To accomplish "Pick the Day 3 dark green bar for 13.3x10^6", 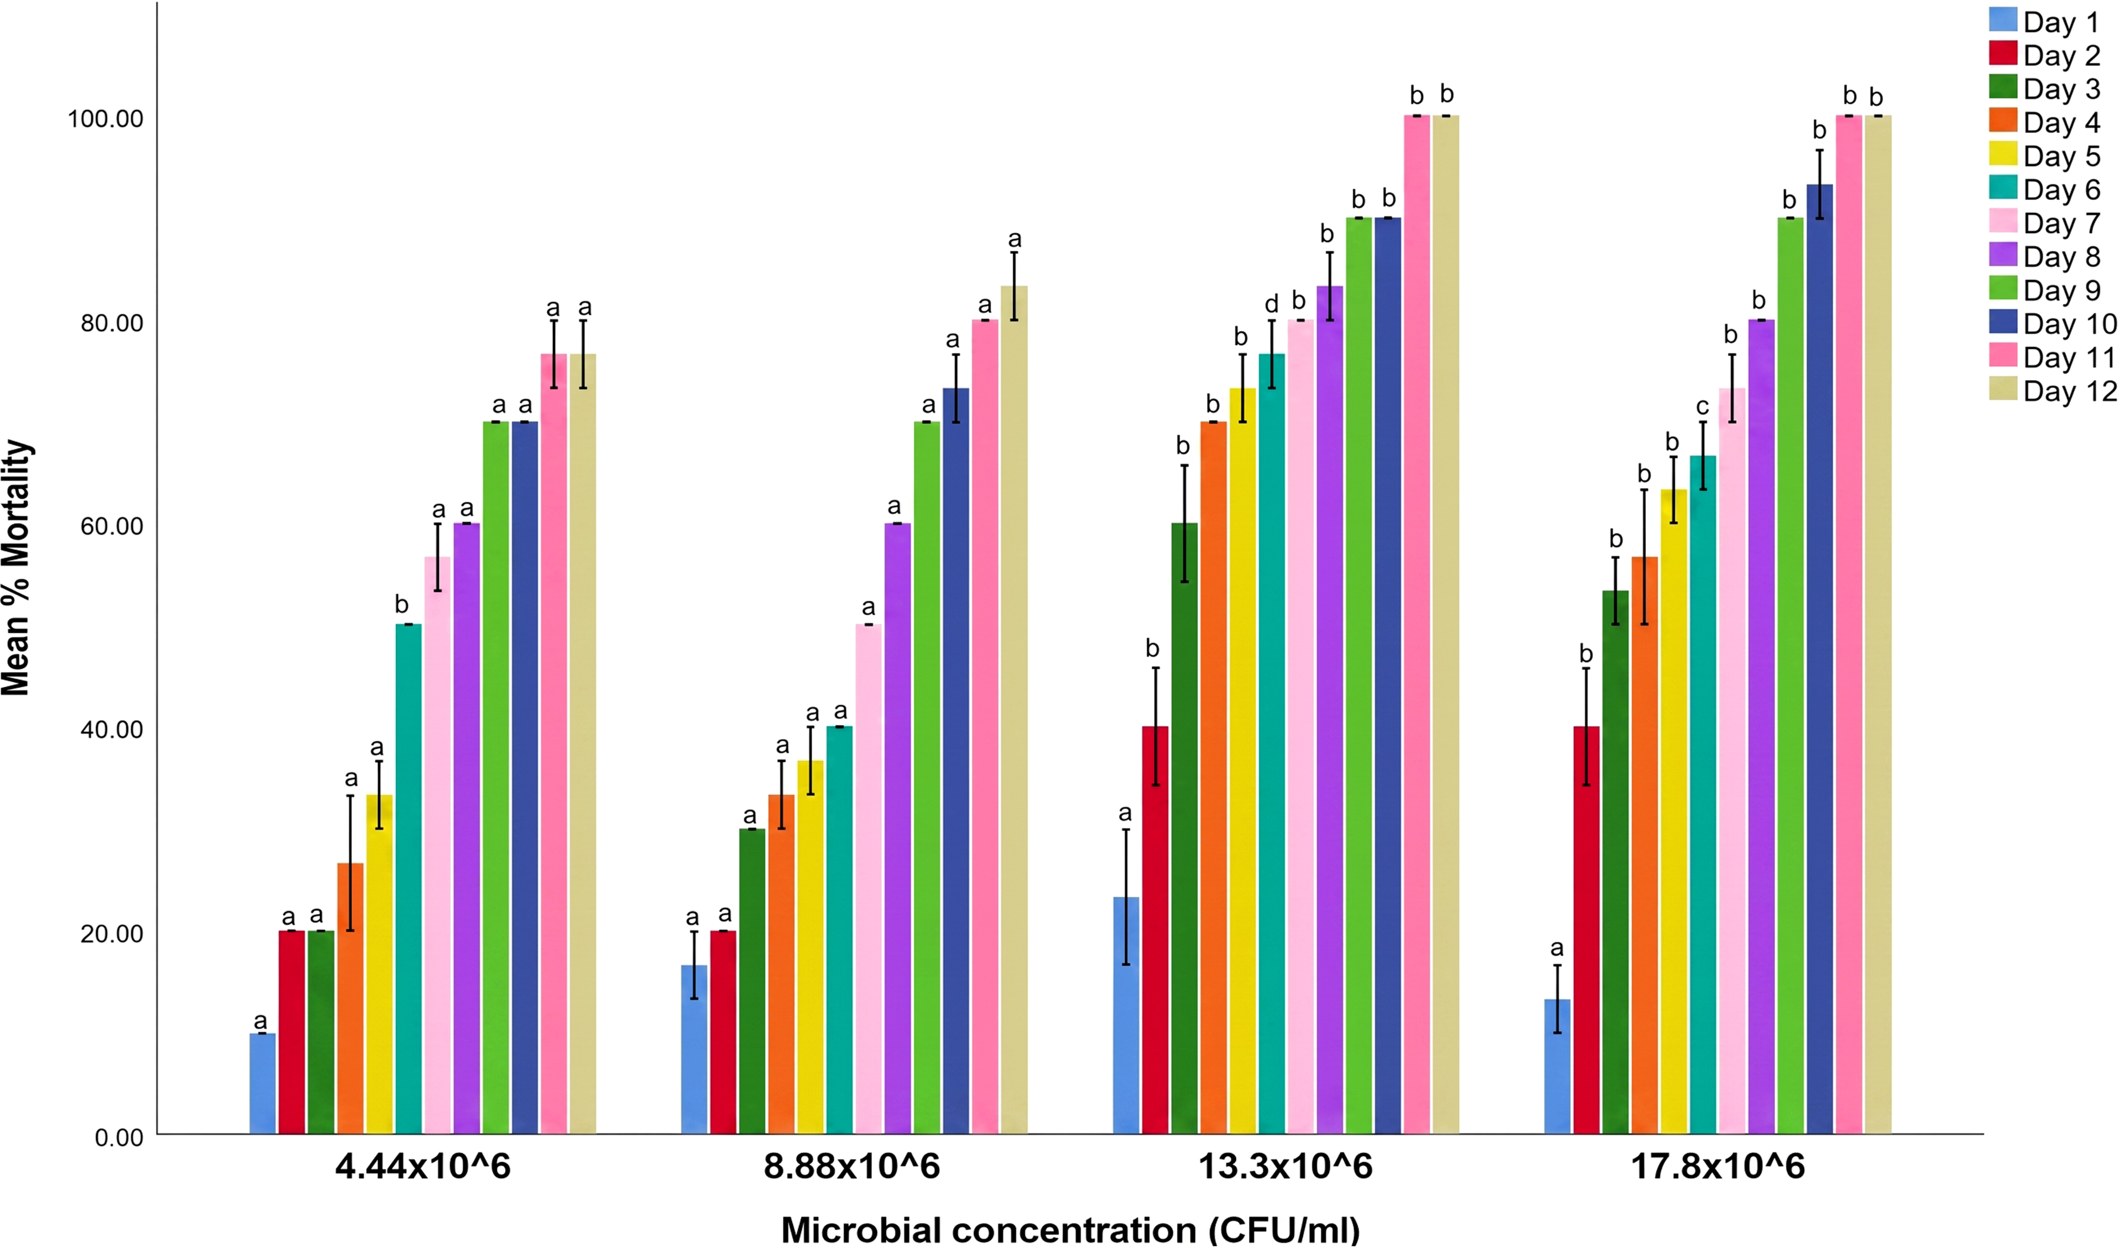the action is point(1184,829).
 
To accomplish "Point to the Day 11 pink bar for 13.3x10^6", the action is point(1417,625).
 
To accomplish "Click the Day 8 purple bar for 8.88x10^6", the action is point(897,829).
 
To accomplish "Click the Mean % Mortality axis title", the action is point(17,568).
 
